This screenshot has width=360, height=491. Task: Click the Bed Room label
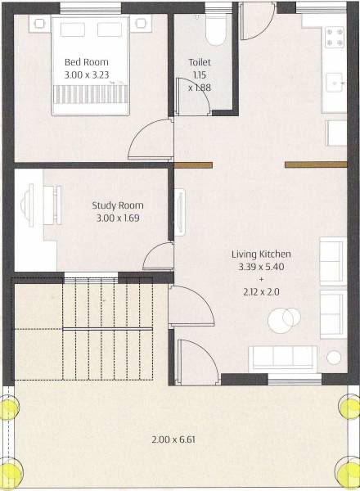point(86,62)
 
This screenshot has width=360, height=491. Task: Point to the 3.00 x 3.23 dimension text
point(86,74)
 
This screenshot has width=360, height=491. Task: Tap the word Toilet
point(200,61)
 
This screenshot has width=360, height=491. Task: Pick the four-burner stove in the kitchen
point(335,37)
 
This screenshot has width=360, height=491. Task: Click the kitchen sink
point(335,83)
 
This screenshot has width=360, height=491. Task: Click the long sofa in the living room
point(282,358)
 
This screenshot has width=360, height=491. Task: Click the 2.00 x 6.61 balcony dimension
point(173,439)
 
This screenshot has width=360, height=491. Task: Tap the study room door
point(157,257)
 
